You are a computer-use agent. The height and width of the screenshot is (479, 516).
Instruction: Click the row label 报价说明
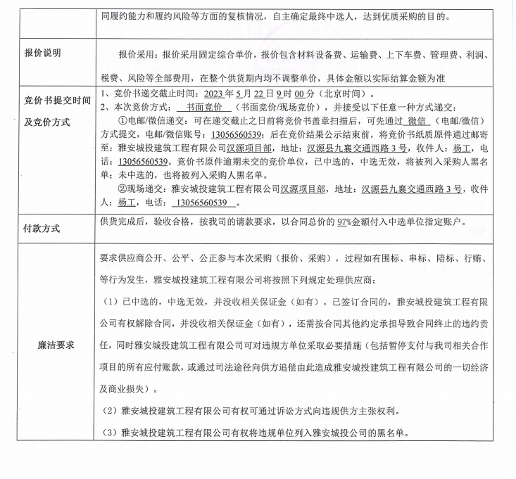[x=44, y=53]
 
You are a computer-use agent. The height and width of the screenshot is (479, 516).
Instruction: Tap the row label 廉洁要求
[x=59, y=345]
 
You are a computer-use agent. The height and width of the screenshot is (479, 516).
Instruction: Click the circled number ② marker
[x=124, y=189]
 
